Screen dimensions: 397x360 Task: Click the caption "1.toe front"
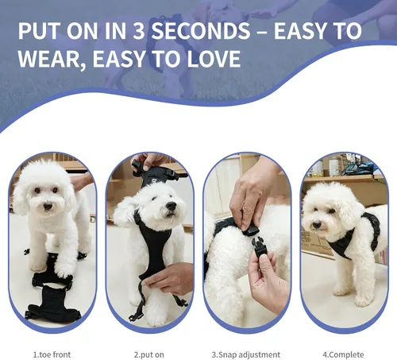click(x=52, y=354)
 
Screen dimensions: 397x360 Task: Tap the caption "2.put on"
click(x=149, y=354)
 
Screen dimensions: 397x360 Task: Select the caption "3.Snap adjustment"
click(x=246, y=354)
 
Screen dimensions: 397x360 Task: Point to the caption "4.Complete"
click(x=343, y=354)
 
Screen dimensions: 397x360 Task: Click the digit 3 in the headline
click(x=139, y=31)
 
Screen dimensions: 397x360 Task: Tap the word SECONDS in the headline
click(x=201, y=31)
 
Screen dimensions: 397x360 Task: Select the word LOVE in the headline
click(x=214, y=59)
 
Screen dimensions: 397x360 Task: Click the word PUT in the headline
click(x=38, y=31)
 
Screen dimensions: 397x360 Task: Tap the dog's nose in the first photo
click(x=48, y=206)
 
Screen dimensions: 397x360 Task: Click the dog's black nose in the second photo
click(x=171, y=206)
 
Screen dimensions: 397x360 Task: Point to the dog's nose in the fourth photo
click(x=317, y=225)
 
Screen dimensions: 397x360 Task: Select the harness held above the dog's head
click(x=159, y=172)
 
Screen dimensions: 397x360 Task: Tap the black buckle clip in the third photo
click(x=259, y=248)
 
